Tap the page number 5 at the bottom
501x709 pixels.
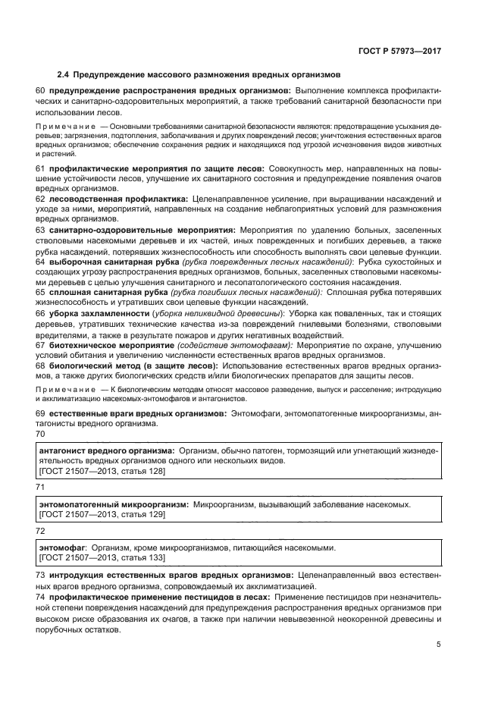pyautogui.click(x=438, y=645)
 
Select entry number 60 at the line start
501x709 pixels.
pyautogui.click(x=41, y=91)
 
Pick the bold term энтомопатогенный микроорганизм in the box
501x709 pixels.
pyautogui.click(x=113, y=504)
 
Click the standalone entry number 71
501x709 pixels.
pyautogui.click(x=41, y=488)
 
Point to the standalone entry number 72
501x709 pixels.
pyautogui.click(x=41, y=531)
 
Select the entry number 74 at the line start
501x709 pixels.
pyautogui.click(x=41, y=598)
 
